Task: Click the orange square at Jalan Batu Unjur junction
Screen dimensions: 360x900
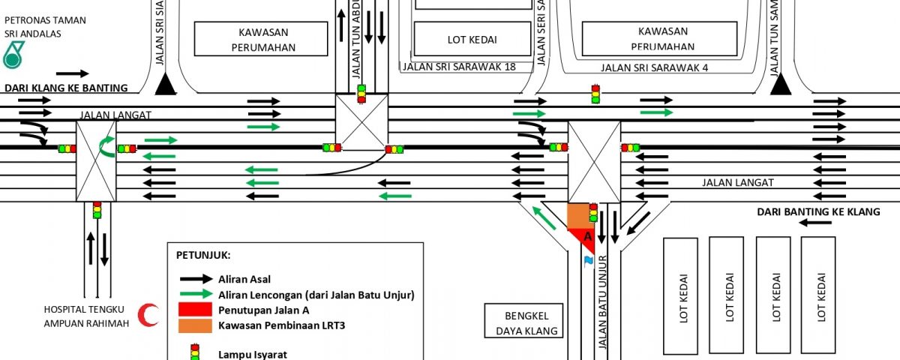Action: tap(577, 215)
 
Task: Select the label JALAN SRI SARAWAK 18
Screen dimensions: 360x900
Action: tap(459, 67)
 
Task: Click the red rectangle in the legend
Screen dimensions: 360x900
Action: tap(193, 310)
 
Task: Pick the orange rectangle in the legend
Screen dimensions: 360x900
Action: tap(193, 325)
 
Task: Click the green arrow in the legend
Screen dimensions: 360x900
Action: tap(194, 294)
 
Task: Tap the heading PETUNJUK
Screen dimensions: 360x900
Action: tap(203, 255)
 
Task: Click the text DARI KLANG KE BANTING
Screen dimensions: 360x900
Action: tap(66, 88)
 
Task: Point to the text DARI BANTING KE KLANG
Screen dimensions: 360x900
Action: tap(818, 212)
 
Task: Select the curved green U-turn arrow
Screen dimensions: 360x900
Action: tap(107, 145)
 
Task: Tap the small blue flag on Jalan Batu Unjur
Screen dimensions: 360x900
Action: tap(589, 260)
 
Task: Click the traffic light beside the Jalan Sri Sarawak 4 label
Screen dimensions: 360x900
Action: tap(595, 94)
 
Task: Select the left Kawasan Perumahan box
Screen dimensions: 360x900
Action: tap(261, 39)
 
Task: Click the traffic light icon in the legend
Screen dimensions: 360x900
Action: tap(194, 352)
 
